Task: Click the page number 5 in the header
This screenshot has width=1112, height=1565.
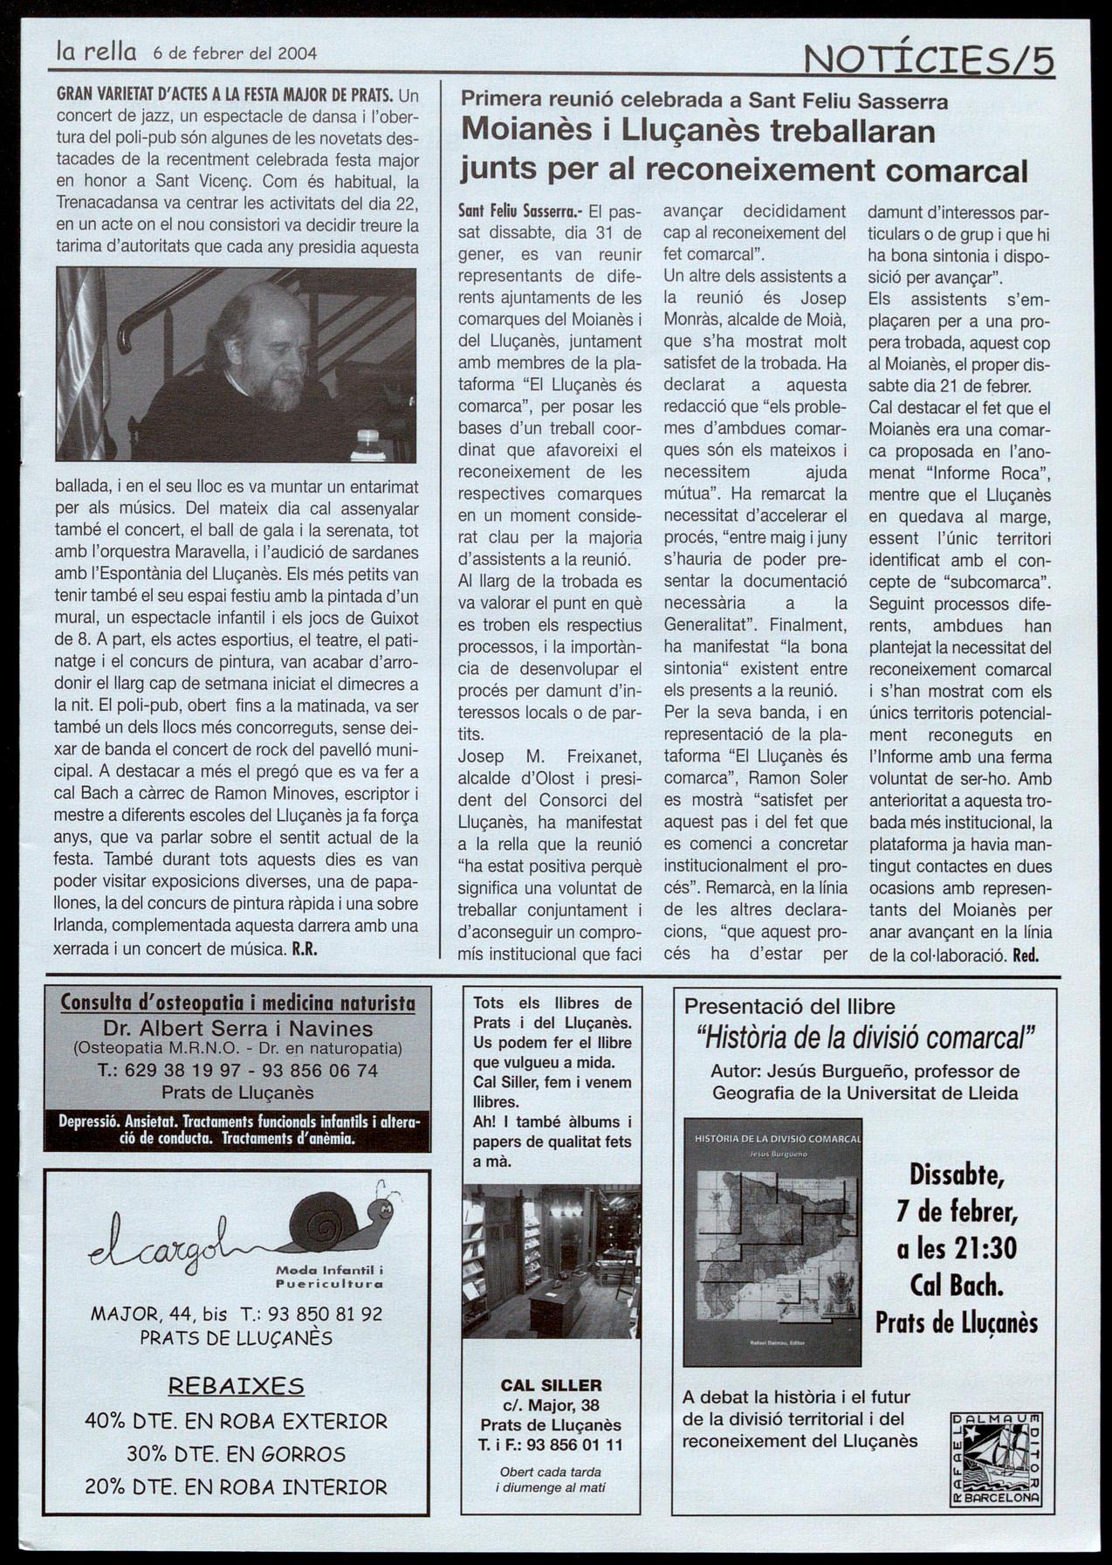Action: point(1040,62)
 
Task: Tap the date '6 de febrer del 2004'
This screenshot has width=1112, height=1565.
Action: point(234,52)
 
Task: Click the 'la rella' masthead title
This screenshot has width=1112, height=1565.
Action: point(96,52)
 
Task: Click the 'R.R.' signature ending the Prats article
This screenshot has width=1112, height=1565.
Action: point(303,949)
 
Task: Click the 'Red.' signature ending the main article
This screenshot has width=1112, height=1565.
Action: point(1026,955)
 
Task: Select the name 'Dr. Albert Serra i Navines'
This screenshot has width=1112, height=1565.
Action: point(238,1028)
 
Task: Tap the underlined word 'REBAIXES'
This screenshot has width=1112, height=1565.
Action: point(236,1386)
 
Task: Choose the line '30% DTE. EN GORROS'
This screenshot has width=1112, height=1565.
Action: point(236,1453)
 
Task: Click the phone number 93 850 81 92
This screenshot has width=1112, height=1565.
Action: point(324,1313)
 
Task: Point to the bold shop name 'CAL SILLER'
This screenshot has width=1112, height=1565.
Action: point(551,1384)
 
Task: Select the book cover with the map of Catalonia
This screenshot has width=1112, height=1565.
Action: point(772,1242)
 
